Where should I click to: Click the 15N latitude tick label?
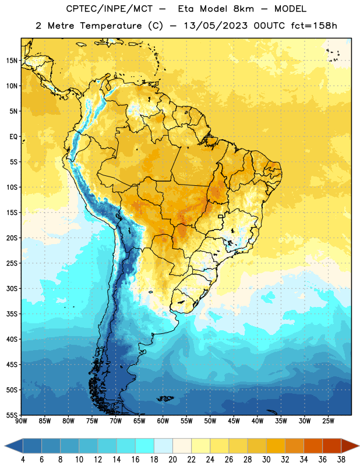(x=12, y=61)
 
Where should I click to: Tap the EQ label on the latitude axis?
(x=13, y=137)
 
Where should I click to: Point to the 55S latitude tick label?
(x=12, y=415)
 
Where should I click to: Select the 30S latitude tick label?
(x=12, y=288)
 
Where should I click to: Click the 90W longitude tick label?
(x=21, y=421)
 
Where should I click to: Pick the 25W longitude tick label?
(x=328, y=421)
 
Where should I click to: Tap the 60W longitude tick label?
(x=163, y=421)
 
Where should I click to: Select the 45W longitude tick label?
(x=234, y=421)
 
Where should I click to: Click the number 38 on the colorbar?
(x=341, y=460)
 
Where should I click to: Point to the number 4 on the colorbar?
(x=23, y=460)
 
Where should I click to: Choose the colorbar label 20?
(x=172, y=460)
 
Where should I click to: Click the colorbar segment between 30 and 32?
(x=276, y=446)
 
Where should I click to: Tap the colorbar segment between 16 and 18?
(x=144, y=446)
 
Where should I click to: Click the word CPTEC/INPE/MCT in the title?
(x=110, y=9)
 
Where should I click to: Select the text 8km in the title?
(x=243, y=9)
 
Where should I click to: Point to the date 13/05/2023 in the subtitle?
(x=216, y=26)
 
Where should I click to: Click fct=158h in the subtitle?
(x=314, y=26)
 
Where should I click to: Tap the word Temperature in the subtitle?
(x=111, y=26)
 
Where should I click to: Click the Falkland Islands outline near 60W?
(x=165, y=398)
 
